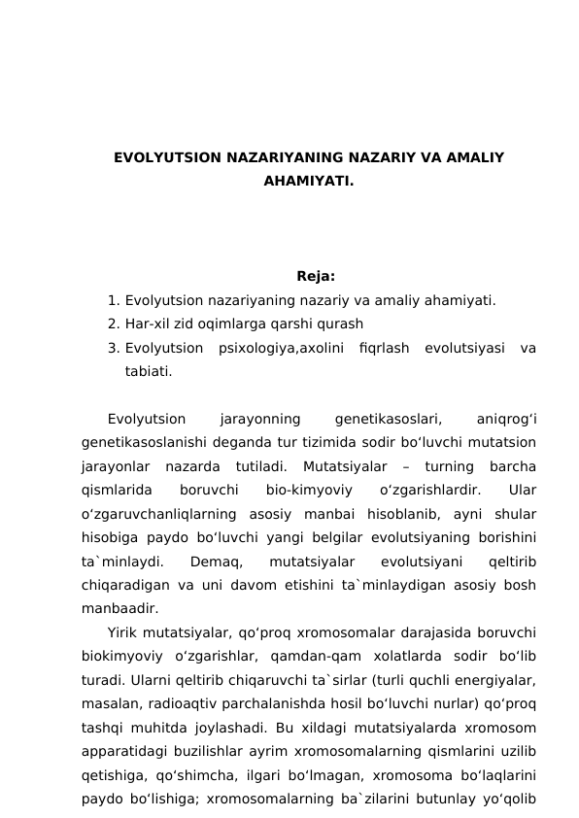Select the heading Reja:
(316, 275)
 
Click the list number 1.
(114, 299)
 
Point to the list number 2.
(114, 324)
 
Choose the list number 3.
(114, 347)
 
